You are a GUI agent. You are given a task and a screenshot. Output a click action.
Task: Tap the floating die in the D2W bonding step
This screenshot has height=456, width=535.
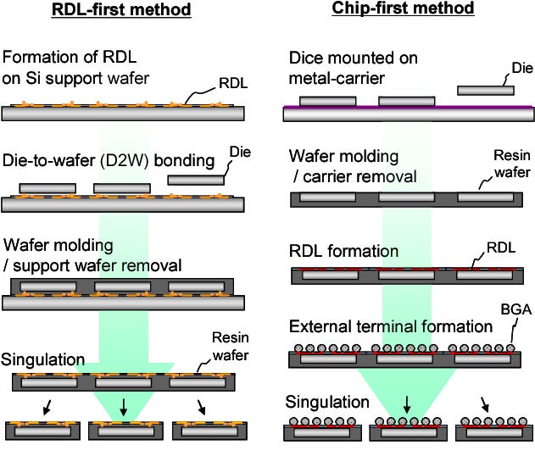pos(198,180)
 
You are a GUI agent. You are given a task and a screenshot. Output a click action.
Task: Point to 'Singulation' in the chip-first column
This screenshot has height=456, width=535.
pos(326,401)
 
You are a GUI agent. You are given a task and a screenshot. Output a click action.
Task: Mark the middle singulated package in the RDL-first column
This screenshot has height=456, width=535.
pos(125,431)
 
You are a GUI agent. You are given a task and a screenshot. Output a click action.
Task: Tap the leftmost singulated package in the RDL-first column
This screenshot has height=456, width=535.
pos(40,431)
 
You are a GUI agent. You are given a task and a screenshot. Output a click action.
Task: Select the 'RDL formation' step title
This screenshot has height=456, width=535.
pos(343,252)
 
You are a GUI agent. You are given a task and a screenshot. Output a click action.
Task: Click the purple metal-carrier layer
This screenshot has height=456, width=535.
pos(407,107)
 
